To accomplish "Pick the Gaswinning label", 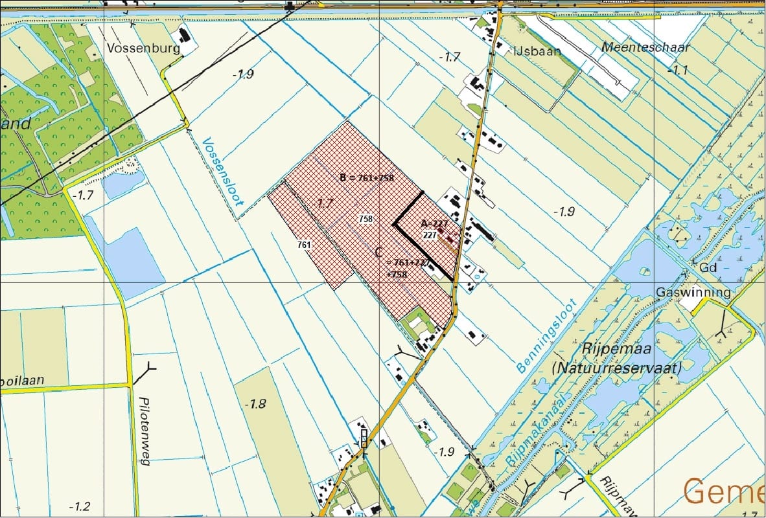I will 693,292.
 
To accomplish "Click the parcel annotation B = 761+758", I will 367,177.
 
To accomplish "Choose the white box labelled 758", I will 366,219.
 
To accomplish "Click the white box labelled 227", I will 429,235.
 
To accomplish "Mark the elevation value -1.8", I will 255,405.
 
